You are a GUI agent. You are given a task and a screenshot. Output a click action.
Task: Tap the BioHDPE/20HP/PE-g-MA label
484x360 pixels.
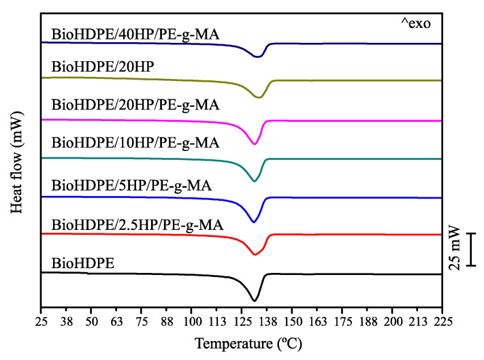point(135,105)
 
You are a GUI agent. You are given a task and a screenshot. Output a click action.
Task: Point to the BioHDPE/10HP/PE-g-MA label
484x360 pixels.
point(135,143)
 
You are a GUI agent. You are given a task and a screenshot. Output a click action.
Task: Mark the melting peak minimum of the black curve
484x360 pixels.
point(255,300)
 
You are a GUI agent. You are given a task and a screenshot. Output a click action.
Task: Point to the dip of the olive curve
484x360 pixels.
point(259,98)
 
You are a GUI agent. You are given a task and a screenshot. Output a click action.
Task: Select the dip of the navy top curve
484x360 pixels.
point(257,57)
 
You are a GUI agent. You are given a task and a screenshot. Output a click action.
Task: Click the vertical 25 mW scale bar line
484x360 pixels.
point(472,249)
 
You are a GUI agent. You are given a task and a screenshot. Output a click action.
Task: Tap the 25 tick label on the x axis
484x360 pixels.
point(42,320)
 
